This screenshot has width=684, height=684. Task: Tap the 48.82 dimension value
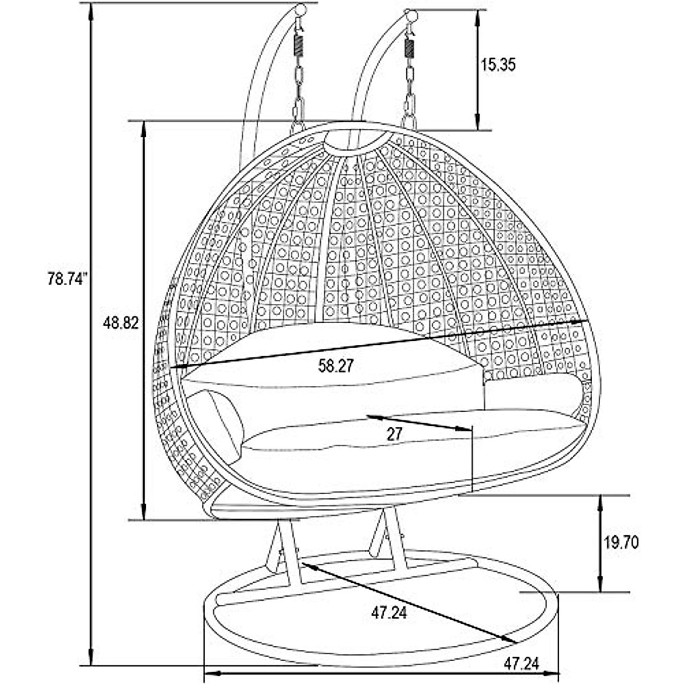coord(121,323)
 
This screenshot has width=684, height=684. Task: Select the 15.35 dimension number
coord(498,64)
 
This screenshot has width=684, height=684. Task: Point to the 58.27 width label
coord(336,366)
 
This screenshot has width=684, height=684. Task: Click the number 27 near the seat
coord(394,434)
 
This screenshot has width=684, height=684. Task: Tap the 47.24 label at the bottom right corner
coord(521,663)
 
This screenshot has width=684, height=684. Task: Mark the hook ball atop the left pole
coord(300,10)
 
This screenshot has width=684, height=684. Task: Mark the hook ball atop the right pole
coord(409,15)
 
